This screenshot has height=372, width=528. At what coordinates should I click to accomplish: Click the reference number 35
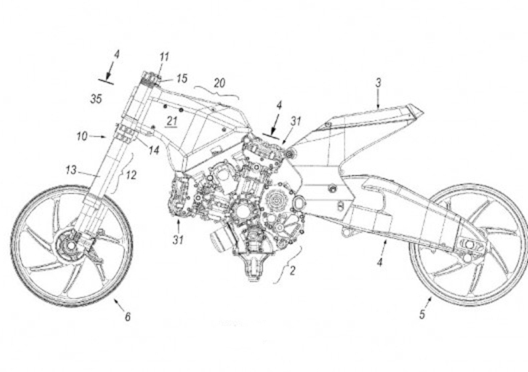tap(96, 99)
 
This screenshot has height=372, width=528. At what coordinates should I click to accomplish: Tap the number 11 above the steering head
tap(165, 56)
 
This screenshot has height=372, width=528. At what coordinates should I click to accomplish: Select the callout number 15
tap(182, 79)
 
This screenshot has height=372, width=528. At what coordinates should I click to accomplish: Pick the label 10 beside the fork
tap(82, 136)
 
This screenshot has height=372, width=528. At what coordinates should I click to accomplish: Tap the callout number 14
tap(153, 150)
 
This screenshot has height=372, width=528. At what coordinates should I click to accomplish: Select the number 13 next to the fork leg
tap(71, 170)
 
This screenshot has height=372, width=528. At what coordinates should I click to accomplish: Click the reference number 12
tap(131, 175)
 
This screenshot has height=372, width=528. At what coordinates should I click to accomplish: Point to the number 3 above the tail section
tap(378, 82)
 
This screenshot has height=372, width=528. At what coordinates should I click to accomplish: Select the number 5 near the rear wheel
tap(422, 315)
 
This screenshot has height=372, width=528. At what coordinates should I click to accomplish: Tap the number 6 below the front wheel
tap(127, 317)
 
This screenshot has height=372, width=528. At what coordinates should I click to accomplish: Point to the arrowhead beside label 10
tap(103, 137)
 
